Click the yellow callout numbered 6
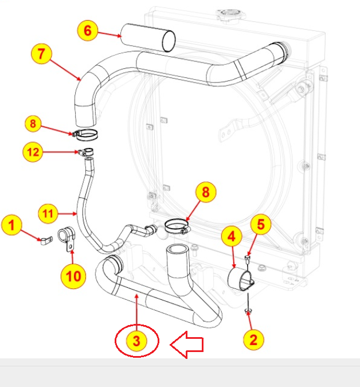click(87, 30)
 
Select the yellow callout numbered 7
click(41, 54)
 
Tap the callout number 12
click(33, 152)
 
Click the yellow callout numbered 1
click(12, 225)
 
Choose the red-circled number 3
click(136, 341)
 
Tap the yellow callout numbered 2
click(253, 339)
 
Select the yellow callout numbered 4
click(232, 236)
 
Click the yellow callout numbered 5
click(261, 225)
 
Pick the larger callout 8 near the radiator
click(205, 192)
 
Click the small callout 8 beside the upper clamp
click(33, 123)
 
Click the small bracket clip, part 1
click(44, 241)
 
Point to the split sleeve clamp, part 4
click(241, 279)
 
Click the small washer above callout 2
click(248, 311)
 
